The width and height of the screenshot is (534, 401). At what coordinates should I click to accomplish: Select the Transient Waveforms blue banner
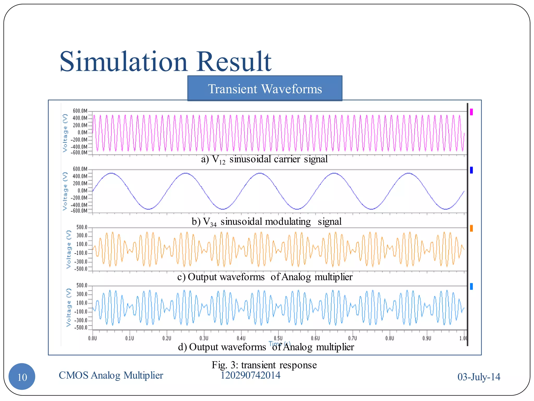(265, 89)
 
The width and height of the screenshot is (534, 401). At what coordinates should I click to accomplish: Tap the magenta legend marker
(471, 112)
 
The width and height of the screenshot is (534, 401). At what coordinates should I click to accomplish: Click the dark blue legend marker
(471, 170)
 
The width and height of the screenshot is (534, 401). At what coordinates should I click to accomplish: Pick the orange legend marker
(471, 228)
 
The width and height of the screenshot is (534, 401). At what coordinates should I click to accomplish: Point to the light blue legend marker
(471, 287)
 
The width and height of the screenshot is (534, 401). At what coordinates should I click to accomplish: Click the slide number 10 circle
(22, 377)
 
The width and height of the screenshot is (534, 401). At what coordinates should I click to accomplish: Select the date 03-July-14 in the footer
(479, 377)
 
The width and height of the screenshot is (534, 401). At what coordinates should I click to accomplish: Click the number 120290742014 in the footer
(250, 375)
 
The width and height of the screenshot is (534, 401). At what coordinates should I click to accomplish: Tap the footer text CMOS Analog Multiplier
(111, 375)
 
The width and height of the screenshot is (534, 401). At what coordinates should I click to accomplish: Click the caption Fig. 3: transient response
(264, 365)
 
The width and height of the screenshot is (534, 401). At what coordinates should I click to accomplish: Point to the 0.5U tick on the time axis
(278, 338)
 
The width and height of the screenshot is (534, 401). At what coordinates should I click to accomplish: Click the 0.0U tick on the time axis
(92, 338)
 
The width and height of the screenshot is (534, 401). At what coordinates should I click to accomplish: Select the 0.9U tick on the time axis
(427, 338)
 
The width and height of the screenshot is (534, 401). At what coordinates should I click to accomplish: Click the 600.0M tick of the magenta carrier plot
(80, 111)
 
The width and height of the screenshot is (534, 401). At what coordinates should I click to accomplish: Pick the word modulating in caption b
(288, 222)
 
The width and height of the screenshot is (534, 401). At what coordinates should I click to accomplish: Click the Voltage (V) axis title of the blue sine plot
(65, 191)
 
